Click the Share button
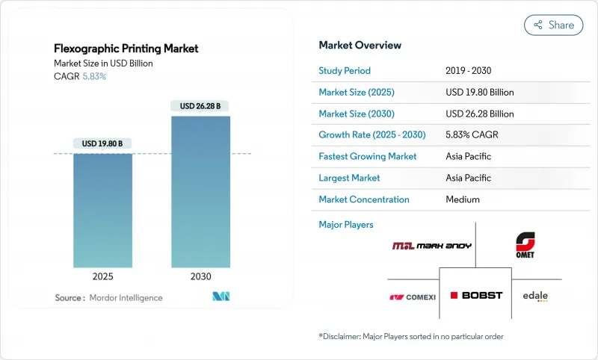[x=553, y=25]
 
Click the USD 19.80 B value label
[x=103, y=143]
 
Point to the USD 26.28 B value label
[x=200, y=106]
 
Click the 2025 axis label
[x=103, y=276]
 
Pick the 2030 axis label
[x=200, y=276]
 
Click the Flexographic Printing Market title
[x=126, y=49]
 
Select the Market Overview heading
[x=360, y=46]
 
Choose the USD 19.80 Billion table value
[x=479, y=93]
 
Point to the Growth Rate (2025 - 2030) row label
[x=372, y=135]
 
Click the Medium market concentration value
[x=462, y=199]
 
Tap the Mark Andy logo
[x=431, y=246]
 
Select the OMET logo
[x=525, y=245]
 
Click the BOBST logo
[x=476, y=295]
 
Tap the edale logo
[x=535, y=296]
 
